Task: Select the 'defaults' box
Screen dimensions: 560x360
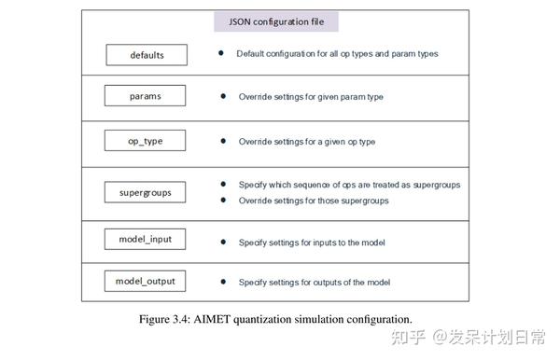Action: (x=147, y=55)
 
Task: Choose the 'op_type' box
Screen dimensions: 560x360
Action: (x=147, y=142)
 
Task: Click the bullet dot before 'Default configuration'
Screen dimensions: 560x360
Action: (x=221, y=53)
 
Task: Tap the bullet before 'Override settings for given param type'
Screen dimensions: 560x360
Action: (x=223, y=97)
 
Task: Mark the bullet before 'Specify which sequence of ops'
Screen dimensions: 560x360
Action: (x=223, y=184)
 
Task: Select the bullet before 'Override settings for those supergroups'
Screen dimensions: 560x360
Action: (x=223, y=201)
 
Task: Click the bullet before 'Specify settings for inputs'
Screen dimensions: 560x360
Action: (x=223, y=242)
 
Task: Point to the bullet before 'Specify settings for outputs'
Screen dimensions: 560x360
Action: (x=223, y=282)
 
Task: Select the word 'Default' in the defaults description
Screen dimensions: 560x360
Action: (x=250, y=54)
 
